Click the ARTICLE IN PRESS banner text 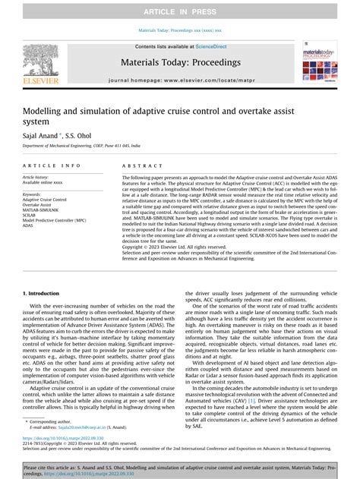point(180,10)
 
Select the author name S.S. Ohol point(85,133)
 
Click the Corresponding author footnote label point(53,421)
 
